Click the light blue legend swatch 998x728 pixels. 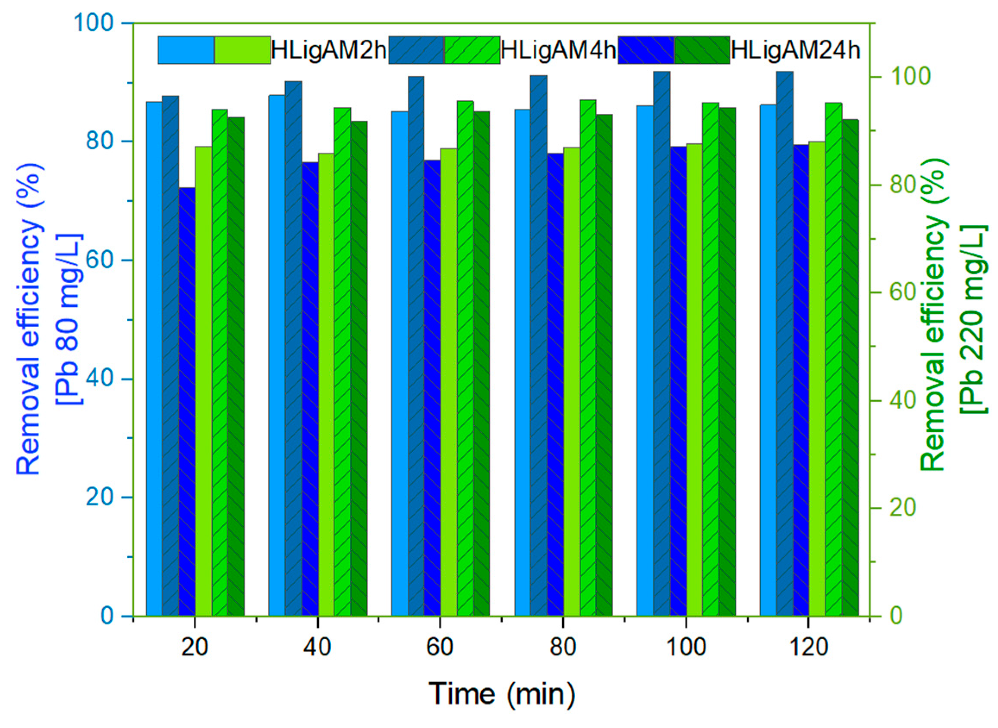pyautogui.click(x=186, y=50)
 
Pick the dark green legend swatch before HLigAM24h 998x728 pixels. pyautogui.click(x=701, y=50)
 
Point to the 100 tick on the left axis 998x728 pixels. pyautogui.click(x=95, y=23)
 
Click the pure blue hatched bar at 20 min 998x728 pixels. pyautogui.click(x=187, y=401)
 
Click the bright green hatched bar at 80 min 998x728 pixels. pyautogui.click(x=588, y=357)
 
